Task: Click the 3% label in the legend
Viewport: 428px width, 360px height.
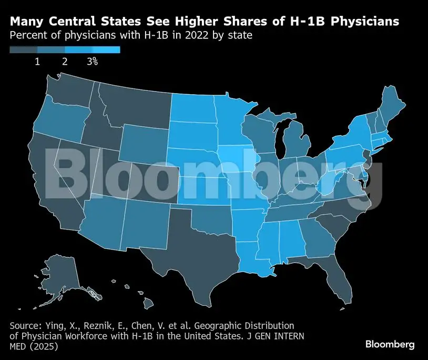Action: click(92, 62)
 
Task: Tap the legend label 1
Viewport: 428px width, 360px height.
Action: click(37, 62)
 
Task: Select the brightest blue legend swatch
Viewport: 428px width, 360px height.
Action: click(106, 49)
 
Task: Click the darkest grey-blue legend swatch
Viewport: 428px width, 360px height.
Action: click(24, 49)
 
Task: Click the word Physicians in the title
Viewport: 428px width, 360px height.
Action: click(365, 22)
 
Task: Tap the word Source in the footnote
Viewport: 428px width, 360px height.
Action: click(23, 326)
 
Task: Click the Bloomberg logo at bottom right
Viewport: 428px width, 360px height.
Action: click(390, 344)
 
